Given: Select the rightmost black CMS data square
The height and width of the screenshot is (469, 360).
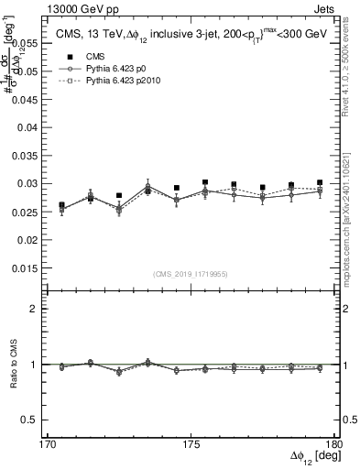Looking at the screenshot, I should (319, 182).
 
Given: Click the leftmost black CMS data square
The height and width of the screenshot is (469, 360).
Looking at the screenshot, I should (61, 206).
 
